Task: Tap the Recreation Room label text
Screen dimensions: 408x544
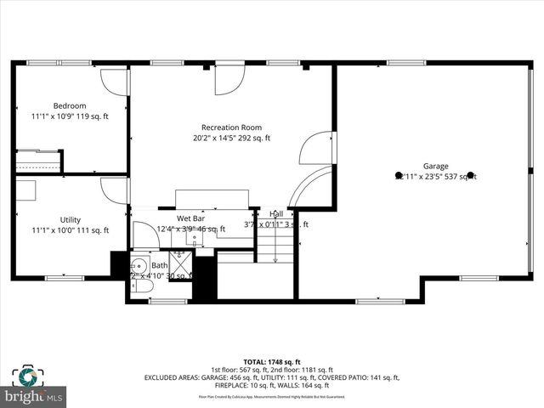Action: click(x=231, y=127)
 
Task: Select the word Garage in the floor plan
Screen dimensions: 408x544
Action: click(x=436, y=166)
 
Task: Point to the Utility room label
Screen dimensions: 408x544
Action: click(x=70, y=219)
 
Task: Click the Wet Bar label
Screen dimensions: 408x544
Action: click(x=190, y=218)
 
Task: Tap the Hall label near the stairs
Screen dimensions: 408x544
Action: click(x=276, y=214)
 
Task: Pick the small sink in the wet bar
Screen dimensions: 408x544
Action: click(x=194, y=242)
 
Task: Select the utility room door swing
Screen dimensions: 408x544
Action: click(x=114, y=190)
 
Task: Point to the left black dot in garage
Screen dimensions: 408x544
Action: click(x=399, y=176)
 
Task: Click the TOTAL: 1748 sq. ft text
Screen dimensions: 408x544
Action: click(x=272, y=361)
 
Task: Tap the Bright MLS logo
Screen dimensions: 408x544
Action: click(x=34, y=387)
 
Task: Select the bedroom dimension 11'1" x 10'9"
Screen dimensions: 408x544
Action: click(x=70, y=116)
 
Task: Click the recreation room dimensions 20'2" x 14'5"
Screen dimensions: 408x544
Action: click(x=231, y=138)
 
